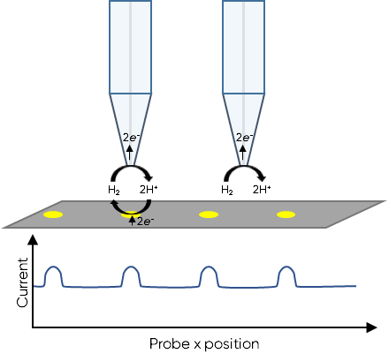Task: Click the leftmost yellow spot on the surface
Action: [x=53, y=214]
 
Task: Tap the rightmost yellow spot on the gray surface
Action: [x=286, y=214]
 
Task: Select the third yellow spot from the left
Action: [x=209, y=214]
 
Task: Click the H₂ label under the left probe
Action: [x=114, y=190]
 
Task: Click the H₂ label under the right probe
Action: [x=227, y=190]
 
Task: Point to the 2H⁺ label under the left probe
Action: [x=149, y=190]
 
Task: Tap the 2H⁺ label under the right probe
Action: [x=262, y=190]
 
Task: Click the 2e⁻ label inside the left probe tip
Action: [x=131, y=137]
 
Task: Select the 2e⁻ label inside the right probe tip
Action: [x=244, y=137]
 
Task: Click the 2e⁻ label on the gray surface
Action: [x=146, y=221]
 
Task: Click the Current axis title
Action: [x=22, y=282]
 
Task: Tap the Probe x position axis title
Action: [x=204, y=343]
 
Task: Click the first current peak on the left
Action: [x=53, y=267]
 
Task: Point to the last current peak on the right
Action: [x=286, y=267]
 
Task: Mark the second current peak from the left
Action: [x=131, y=267]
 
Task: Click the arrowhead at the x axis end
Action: [x=372, y=327]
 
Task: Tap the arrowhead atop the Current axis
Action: [x=33, y=239]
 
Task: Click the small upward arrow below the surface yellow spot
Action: [x=132, y=221]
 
